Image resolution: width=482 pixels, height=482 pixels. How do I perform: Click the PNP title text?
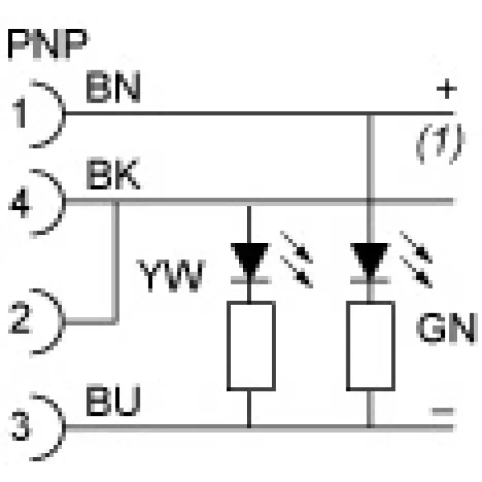click(x=47, y=44)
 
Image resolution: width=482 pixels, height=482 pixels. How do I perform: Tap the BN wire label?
click(x=114, y=87)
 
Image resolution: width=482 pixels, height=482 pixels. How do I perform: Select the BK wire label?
click(x=114, y=174)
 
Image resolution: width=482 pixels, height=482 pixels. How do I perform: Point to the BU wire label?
click(x=114, y=399)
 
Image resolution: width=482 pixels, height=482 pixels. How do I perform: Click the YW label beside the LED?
click(x=171, y=275)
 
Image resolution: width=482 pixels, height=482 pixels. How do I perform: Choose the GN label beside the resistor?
click(x=446, y=328)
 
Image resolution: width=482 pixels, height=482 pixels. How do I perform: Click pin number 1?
click(x=20, y=112)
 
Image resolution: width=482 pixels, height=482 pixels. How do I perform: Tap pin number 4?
click(x=20, y=203)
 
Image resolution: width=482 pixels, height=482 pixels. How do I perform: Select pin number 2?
click(x=20, y=318)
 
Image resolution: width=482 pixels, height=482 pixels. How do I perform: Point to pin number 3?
click(x=21, y=425)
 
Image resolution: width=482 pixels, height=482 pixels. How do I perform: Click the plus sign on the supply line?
click(x=447, y=89)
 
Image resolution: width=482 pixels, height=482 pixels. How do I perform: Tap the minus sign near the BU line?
click(x=443, y=411)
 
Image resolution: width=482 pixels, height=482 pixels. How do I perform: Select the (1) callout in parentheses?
click(x=440, y=143)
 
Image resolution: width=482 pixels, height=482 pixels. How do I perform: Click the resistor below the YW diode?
click(x=251, y=346)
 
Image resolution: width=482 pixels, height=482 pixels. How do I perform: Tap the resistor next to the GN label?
click(x=370, y=346)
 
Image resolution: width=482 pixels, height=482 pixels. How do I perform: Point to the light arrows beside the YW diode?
click(x=297, y=260)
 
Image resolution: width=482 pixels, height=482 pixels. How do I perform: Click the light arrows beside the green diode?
click(x=416, y=260)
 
